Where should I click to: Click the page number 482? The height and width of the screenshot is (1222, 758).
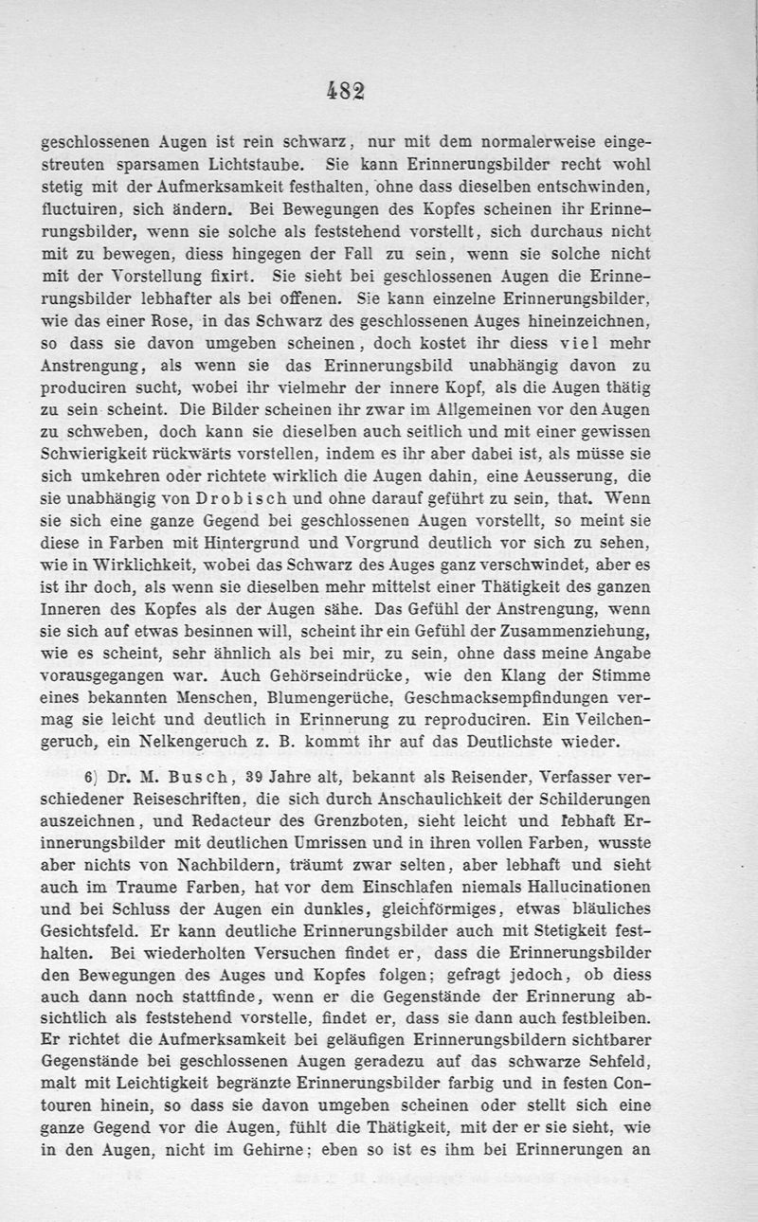[x=346, y=89]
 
